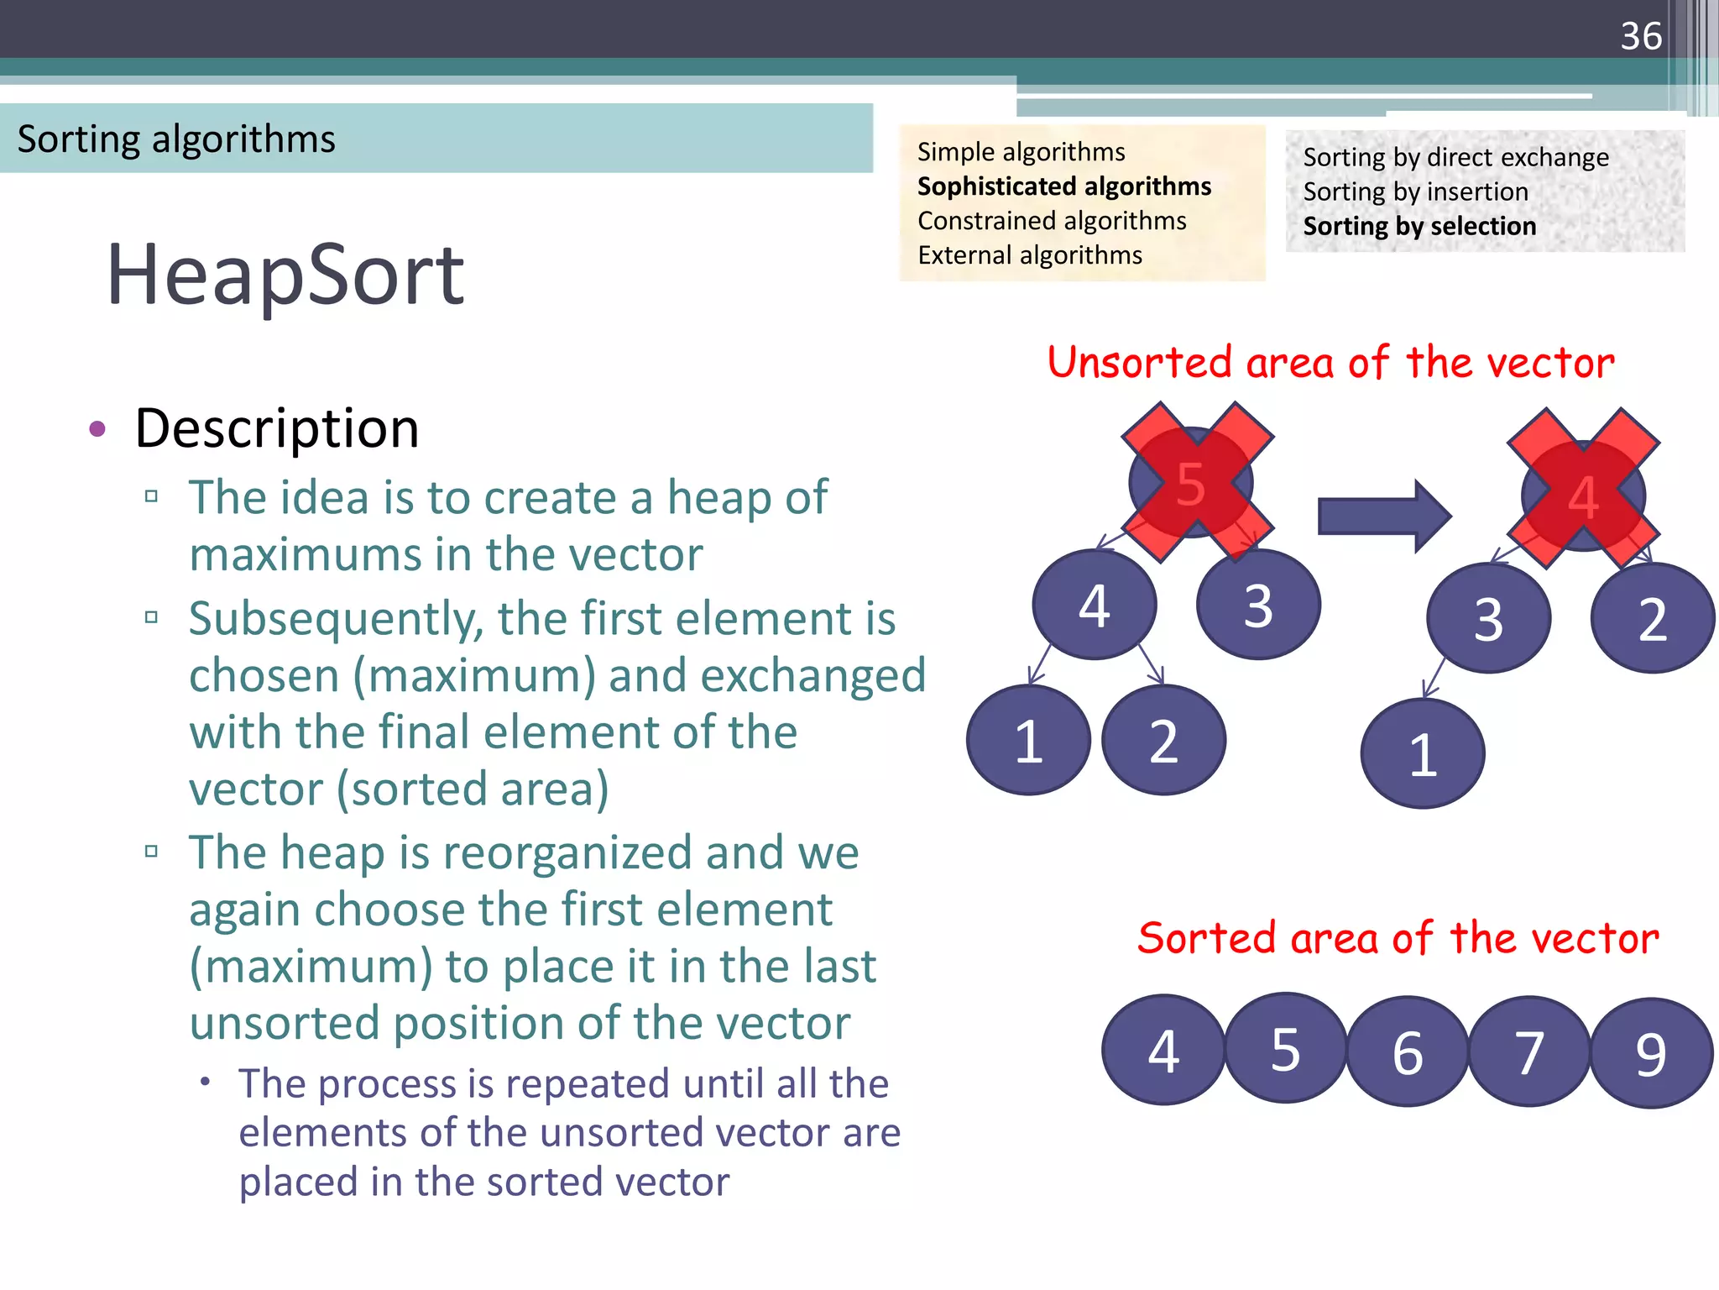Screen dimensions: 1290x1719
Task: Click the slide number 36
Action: click(x=1640, y=36)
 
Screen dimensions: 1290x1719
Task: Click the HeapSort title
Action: click(x=285, y=275)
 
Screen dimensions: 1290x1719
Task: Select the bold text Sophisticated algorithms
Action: click(x=1063, y=186)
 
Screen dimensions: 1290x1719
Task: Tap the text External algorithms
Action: click(x=1029, y=254)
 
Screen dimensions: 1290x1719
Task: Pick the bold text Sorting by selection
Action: click(x=1419, y=226)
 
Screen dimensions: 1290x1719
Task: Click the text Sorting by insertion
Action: click(x=1415, y=191)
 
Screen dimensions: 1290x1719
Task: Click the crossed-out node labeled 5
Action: click(x=1192, y=483)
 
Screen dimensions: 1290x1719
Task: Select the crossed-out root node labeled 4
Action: click(x=1583, y=496)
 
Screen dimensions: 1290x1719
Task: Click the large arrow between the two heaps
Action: click(x=1383, y=516)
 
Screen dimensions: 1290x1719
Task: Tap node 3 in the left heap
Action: click(x=1258, y=605)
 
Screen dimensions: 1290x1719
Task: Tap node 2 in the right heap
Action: click(x=1652, y=619)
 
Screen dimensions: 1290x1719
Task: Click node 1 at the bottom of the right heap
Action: click(x=1422, y=754)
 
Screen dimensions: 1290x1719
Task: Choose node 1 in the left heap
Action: click(x=1028, y=741)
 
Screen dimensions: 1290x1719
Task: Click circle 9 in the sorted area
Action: click(x=1650, y=1053)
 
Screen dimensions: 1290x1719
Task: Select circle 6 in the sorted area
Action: click(x=1408, y=1051)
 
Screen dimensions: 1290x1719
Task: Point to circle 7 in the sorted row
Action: click(x=1528, y=1051)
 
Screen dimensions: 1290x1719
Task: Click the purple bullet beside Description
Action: click(x=97, y=429)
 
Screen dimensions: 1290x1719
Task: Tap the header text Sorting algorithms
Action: click(x=176, y=139)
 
